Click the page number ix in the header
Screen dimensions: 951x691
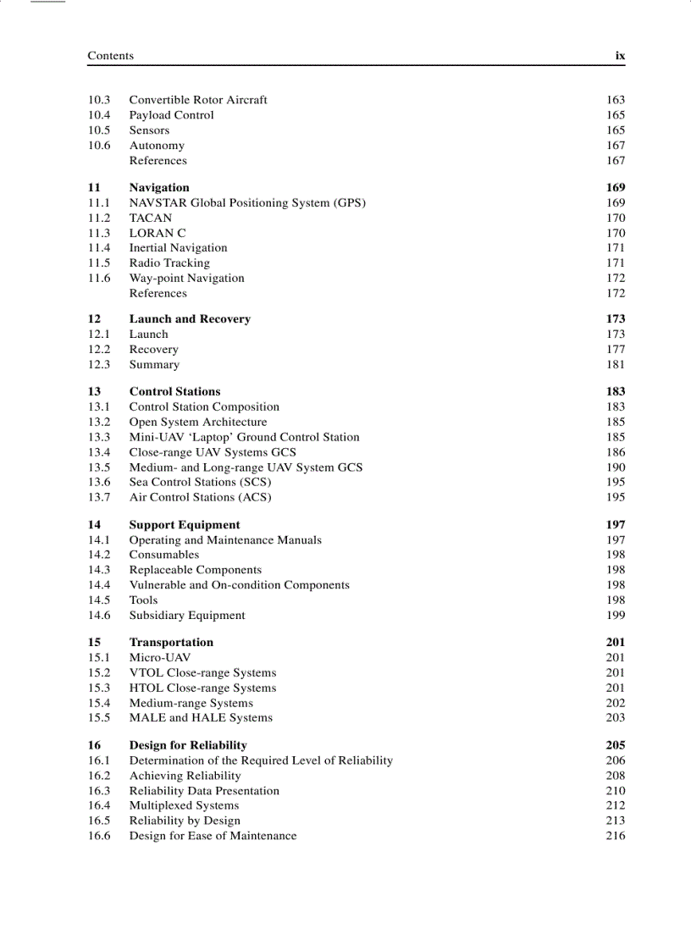pyautogui.click(x=620, y=56)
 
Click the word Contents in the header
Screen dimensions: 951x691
pyautogui.click(x=110, y=56)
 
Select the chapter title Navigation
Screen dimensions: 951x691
pyautogui.click(x=159, y=187)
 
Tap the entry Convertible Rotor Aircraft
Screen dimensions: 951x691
pyautogui.click(x=197, y=100)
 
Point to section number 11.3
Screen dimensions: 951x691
pyautogui.click(x=99, y=233)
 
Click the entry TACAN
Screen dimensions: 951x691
pyautogui.click(x=150, y=218)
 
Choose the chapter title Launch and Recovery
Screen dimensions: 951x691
pyautogui.click(x=190, y=319)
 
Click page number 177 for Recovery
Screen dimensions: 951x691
pyautogui.click(x=616, y=349)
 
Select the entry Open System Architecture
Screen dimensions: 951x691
pyautogui.click(x=197, y=422)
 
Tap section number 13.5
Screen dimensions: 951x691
pyautogui.click(x=99, y=467)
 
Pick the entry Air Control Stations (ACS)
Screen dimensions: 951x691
pyautogui.click(x=200, y=497)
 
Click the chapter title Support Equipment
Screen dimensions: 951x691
pyautogui.click(x=184, y=525)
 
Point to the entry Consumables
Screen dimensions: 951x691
pyautogui.click(x=164, y=555)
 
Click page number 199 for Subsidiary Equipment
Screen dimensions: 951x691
pyautogui.click(x=616, y=616)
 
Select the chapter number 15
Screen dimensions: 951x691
pyautogui.click(x=94, y=642)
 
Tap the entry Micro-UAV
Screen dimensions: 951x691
pyautogui.click(x=159, y=657)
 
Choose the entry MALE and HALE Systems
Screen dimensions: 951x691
pyautogui.click(x=201, y=717)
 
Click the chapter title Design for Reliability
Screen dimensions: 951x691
pyautogui.click(x=188, y=745)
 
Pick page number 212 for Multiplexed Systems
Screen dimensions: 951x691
pyautogui.click(x=616, y=805)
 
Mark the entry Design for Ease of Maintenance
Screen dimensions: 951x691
pyautogui.click(x=213, y=836)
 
